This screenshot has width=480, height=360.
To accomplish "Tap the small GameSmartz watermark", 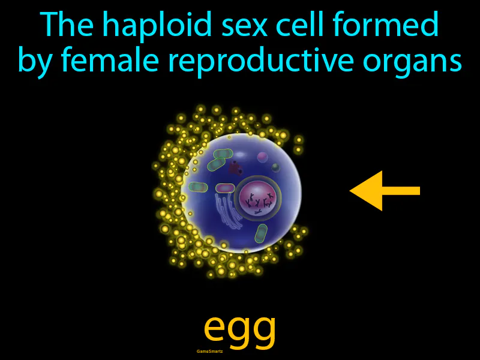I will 209,351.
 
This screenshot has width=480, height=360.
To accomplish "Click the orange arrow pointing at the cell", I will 384,191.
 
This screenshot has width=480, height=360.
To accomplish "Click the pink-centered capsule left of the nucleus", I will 225,188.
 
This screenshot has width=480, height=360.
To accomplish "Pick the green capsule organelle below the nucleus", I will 262,233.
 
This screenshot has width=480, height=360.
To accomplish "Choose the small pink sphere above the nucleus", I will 262,158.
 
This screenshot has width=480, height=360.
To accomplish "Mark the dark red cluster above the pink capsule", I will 236,169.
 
